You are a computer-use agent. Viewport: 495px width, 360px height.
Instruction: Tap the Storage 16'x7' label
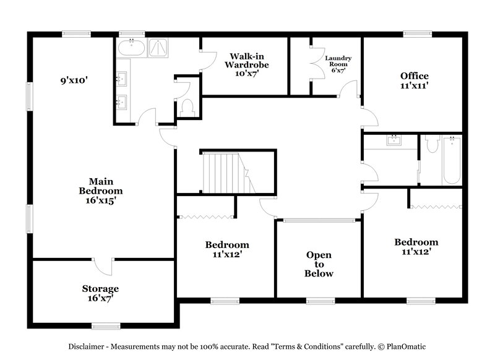coord(100,293)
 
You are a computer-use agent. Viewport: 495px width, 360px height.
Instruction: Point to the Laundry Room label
coord(338,64)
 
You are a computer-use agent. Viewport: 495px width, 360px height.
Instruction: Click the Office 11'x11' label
coord(414,81)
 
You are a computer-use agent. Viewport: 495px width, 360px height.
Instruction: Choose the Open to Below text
coord(319,264)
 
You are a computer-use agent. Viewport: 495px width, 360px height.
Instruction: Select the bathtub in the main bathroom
coord(132,49)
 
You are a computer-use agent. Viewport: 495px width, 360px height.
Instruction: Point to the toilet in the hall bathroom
coord(431,145)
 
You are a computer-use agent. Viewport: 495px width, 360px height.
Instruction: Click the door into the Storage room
coord(104,268)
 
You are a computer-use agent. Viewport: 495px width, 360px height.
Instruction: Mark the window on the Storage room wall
coord(106,325)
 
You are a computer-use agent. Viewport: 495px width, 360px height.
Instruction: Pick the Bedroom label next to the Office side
coord(416,247)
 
